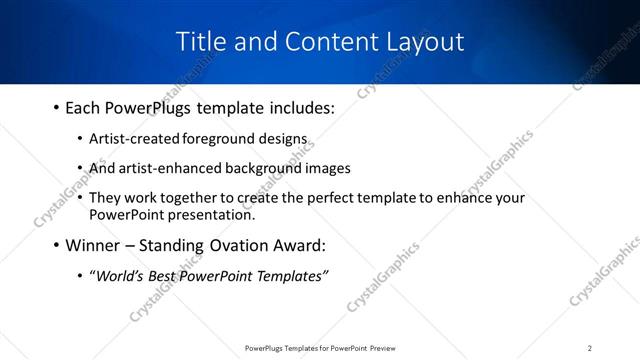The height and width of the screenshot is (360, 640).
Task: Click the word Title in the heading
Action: pyautogui.click(x=198, y=42)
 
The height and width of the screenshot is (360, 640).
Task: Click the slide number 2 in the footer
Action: pyautogui.click(x=589, y=348)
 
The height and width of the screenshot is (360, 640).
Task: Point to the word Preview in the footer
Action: pyautogui.click(x=388, y=348)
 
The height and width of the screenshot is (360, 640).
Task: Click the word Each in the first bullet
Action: pyautogui.click(x=83, y=107)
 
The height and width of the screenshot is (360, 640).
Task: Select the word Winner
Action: pyautogui.click(x=93, y=245)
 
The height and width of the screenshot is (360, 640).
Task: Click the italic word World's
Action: pyautogui.click(x=118, y=276)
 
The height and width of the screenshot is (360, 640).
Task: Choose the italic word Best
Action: pyautogui.click(x=165, y=276)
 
